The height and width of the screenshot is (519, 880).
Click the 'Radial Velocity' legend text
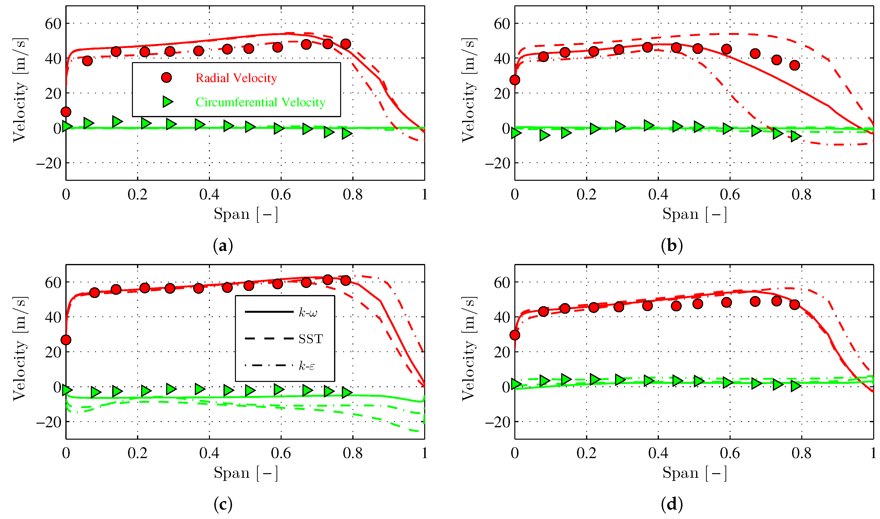click(236, 78)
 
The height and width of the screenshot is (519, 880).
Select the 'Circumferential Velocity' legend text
click(260, 102)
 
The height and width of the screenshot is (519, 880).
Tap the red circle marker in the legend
click(166, 77)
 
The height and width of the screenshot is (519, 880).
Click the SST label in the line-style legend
click(310, 338)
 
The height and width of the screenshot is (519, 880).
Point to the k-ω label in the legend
click(308, 312)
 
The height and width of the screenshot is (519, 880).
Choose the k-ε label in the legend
click(307, 366)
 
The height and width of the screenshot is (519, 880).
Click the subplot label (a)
click(223, 246)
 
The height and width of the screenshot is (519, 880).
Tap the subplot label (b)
click(672, 246)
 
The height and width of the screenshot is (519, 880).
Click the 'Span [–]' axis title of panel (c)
click(246, 473)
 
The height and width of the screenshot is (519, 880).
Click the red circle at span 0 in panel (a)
click(66, 112)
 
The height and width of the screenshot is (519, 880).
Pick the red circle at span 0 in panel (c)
click(66, 340)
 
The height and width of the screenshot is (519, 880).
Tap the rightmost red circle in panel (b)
click(794, 65)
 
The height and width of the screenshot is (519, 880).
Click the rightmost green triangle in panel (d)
click(796, 386)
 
